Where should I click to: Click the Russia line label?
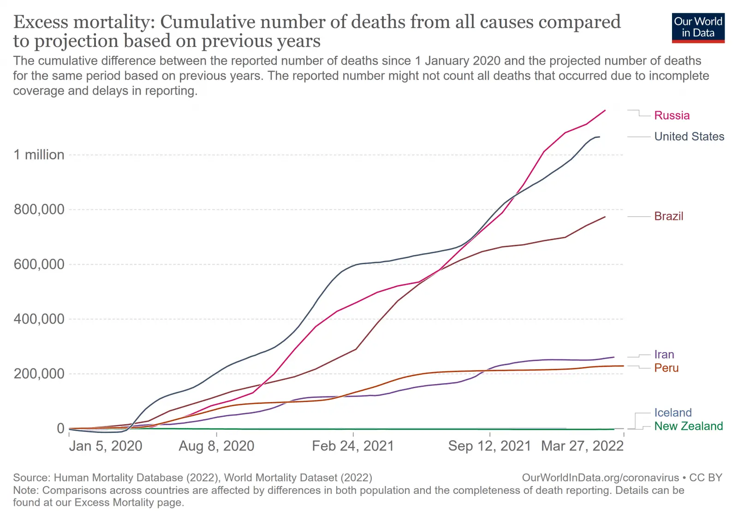point(672,115)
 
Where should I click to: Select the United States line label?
point(689,136)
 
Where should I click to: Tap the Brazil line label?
point(668,216)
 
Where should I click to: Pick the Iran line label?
point(664,355)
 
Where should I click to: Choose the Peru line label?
point(666,368)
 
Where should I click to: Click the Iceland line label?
point(673,413)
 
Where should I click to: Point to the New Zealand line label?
point(688,426)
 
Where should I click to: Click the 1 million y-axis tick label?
point(39,155)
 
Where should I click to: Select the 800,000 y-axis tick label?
point(39,210)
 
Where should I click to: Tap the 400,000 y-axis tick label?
point(39,319)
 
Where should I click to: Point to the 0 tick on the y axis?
point(60,428)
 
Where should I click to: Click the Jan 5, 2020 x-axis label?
point(106,446)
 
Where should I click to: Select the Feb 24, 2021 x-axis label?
point(353,446)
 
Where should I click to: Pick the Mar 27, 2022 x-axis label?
point(582,446)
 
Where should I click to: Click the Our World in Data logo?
point(698,28)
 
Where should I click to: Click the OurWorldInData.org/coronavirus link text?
point(600,478)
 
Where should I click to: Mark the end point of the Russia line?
point(605,111)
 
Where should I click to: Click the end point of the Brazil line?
point(605,217)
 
